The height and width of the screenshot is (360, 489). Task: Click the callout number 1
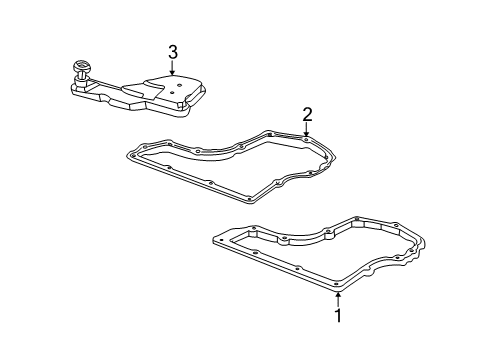tap(337, 317)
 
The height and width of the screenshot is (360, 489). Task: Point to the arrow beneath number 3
tap(172, 71)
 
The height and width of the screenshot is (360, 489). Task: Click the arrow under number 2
tap(307, 128)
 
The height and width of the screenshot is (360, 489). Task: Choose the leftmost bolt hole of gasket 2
tap(133, 154)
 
